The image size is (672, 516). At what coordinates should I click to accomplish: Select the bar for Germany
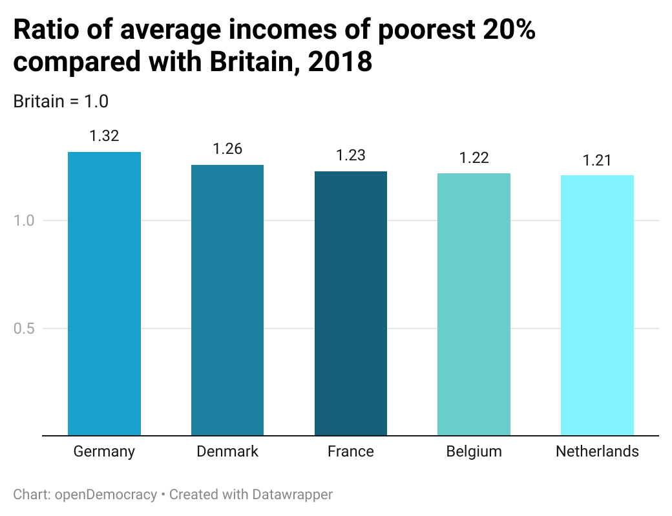(104, 294)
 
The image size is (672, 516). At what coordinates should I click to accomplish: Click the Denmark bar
(227, 300)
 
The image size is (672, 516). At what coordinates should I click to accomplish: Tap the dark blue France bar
(351, 303)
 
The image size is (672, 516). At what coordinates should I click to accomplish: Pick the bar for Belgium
(474, 304)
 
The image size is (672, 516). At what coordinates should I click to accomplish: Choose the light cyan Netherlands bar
(597, 305)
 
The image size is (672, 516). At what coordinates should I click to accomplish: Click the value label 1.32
(104, 136)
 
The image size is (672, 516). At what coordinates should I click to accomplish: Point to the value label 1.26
(227, 149)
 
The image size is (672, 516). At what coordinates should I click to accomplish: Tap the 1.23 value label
(351, 155)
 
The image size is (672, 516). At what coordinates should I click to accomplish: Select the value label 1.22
(474, 157)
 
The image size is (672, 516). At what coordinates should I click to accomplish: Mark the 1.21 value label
(597, 160)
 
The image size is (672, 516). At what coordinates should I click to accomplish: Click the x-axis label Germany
(104, 451)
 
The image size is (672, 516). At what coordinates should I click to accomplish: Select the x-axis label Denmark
(227, 451)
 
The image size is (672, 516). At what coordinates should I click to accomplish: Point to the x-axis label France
(351, 451)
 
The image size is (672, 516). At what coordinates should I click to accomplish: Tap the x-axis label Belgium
(474, 451)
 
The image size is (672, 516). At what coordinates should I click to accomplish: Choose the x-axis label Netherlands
(597, 451)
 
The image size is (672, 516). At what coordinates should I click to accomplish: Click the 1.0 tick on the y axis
(23, 220)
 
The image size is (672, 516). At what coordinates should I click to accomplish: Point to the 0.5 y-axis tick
(23, 328)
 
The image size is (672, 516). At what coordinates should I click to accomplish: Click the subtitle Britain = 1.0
(61, 102)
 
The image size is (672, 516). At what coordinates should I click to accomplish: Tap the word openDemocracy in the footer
(106, 495)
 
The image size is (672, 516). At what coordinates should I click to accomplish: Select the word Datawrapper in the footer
(292, 495)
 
